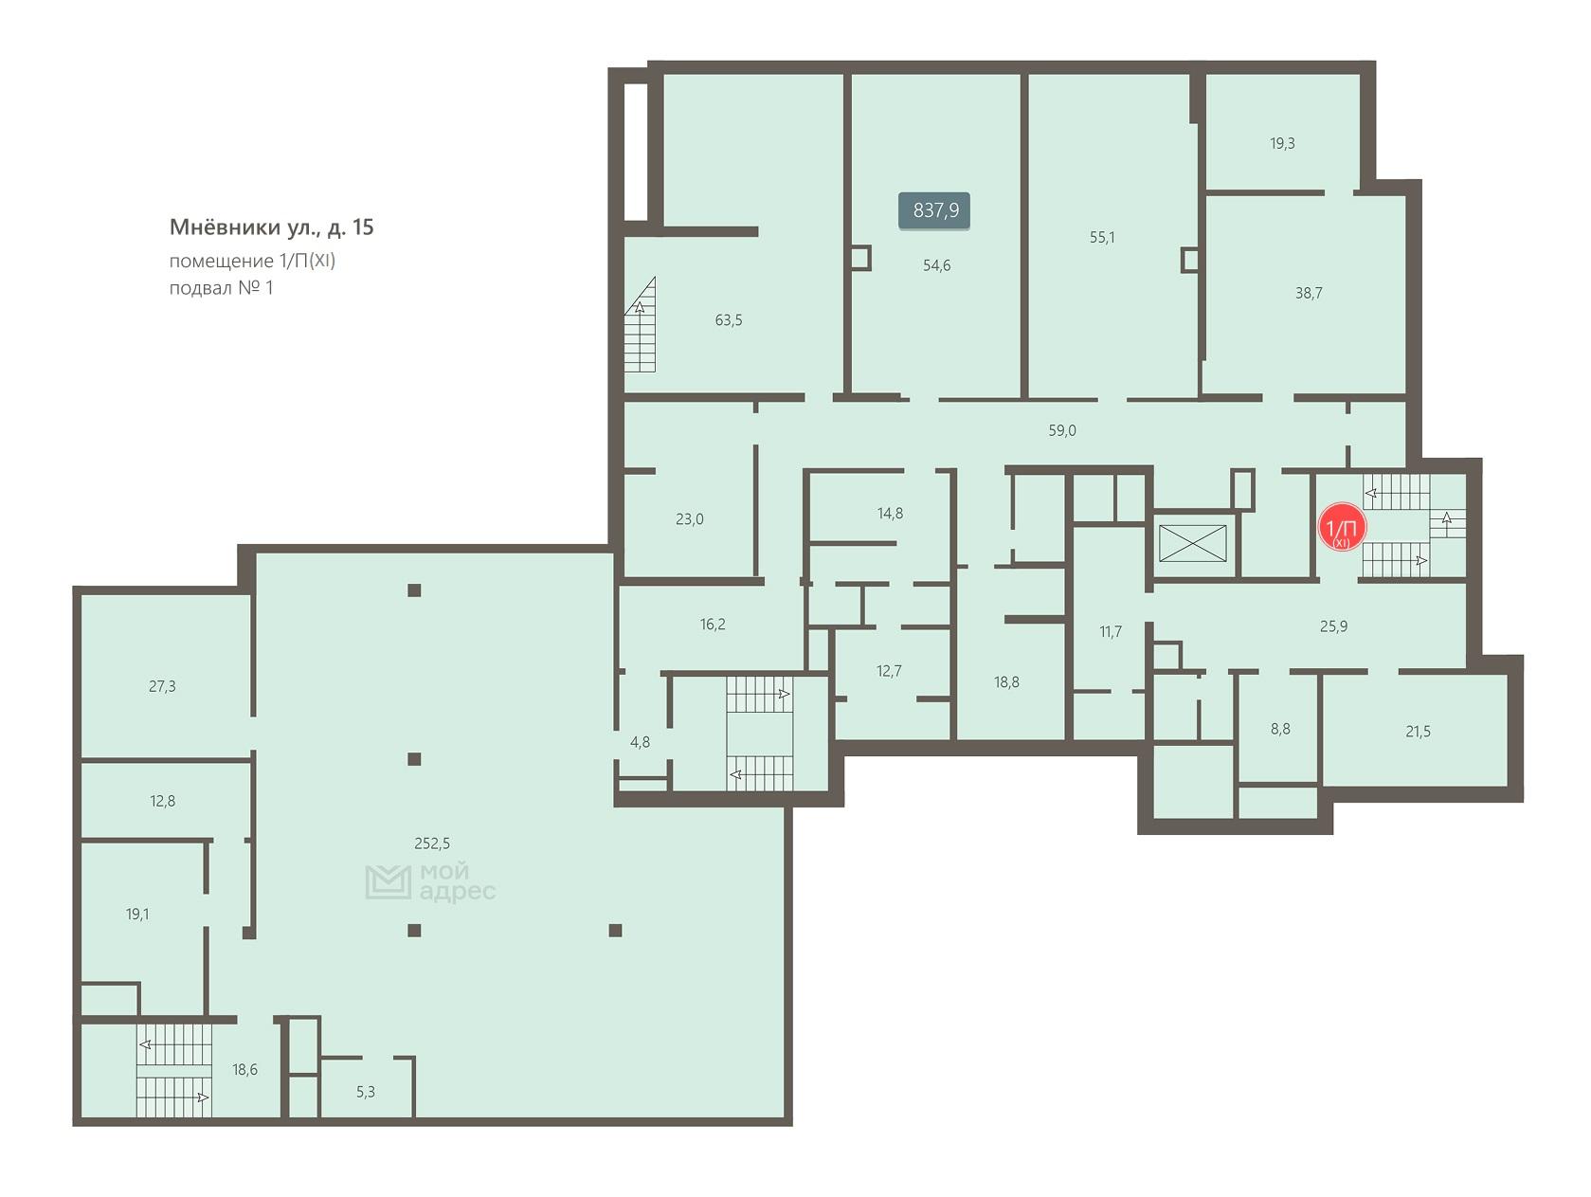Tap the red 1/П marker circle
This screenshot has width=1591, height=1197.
(1342, 527)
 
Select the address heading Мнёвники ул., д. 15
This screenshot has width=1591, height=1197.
(271, 227)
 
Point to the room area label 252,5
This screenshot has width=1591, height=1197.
(432, 843)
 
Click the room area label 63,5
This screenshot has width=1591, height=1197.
(729, 319)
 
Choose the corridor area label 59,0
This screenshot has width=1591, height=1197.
(1062, 430)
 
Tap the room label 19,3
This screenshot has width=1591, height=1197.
(1282, 143)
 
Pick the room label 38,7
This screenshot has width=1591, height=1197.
(1309, 293)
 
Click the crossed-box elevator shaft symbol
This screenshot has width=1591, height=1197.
(1192, 543)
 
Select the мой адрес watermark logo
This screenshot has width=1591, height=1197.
(430, 882)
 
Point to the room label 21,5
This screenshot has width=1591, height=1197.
(1418, 732)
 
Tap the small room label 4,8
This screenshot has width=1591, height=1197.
(640, 742)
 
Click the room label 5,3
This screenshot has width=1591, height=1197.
(366, 1092)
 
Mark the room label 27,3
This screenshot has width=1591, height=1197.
(162, 686)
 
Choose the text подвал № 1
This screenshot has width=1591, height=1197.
(221, 288)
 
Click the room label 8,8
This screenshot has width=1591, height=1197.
(1280, 729)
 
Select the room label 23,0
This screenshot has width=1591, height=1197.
(689, 519)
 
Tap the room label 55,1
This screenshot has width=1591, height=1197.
(1102, 237)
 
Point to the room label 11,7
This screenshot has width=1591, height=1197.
(1110, 631)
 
